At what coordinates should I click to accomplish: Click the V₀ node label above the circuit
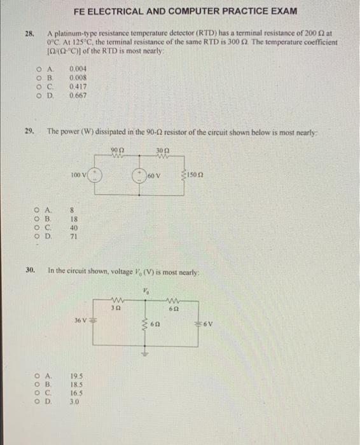click(x=145, y=292)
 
